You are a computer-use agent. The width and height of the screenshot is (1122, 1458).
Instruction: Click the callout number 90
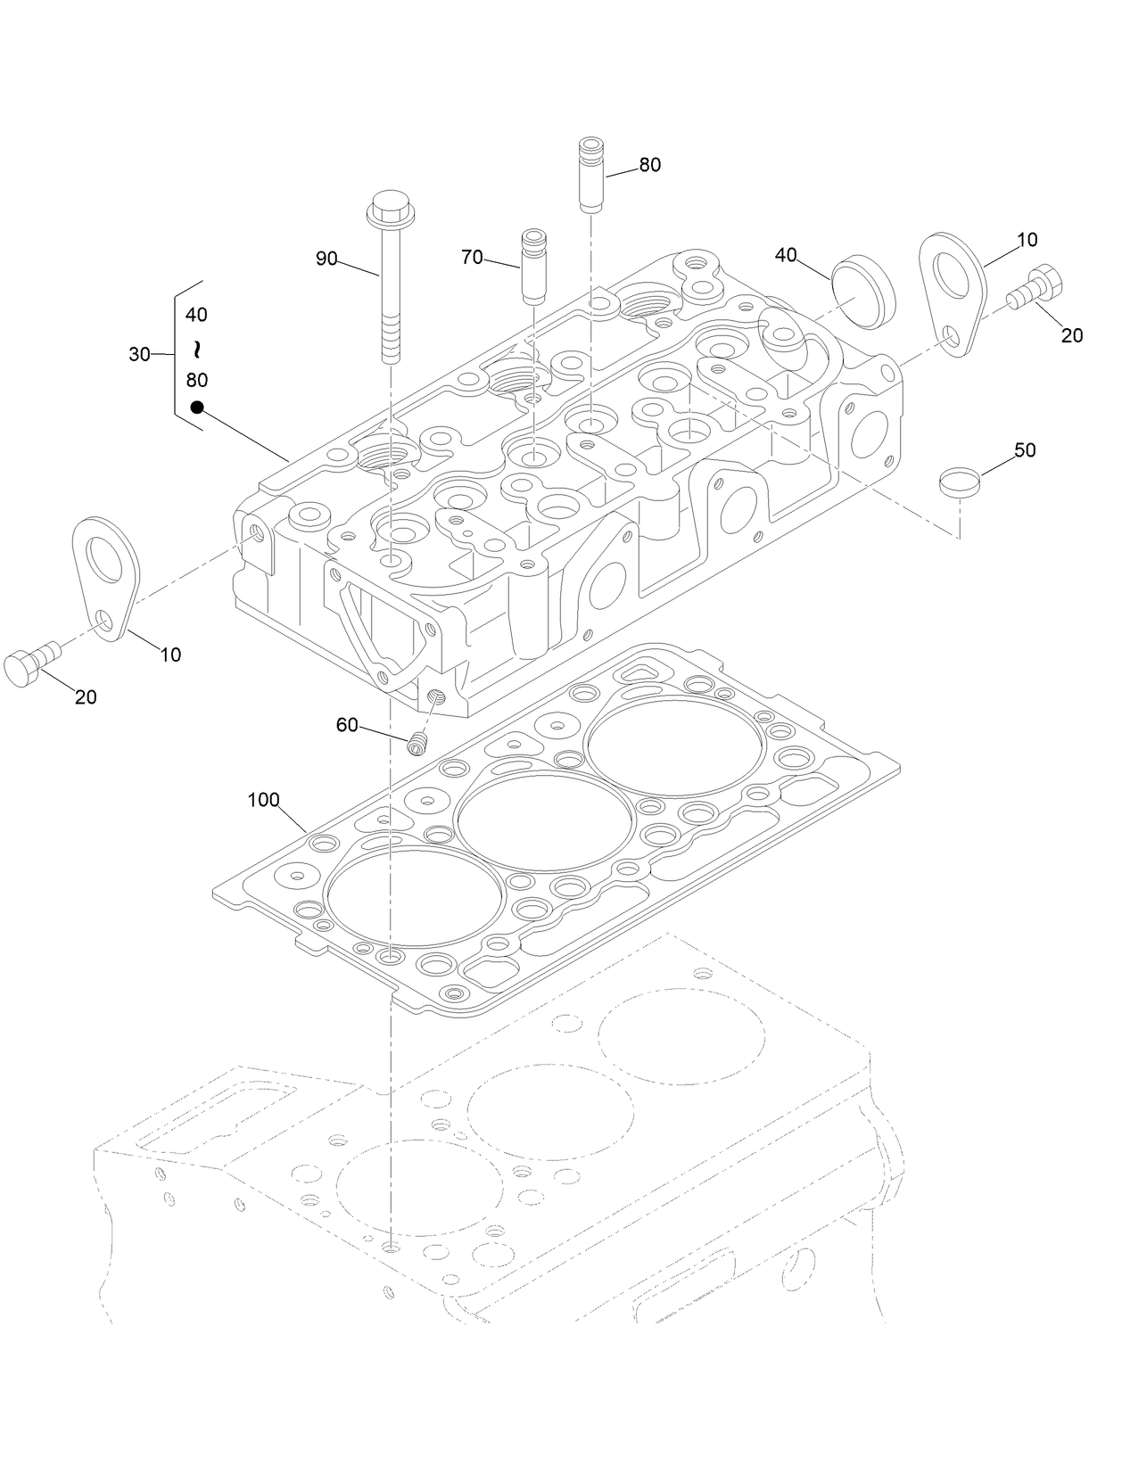[326, 259]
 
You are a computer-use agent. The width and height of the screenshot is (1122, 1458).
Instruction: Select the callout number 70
[472, 258]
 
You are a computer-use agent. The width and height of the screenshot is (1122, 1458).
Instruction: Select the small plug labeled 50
[959, 482]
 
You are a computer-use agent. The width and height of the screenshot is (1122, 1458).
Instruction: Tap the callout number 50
[1025, 450]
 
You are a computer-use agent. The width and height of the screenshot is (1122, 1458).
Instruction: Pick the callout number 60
[347, 726]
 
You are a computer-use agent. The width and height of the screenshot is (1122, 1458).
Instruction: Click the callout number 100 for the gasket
[263, 800]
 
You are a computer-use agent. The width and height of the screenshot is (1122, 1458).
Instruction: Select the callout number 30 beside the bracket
[139, 355]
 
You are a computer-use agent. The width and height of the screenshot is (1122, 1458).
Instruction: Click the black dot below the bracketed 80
[197, 408]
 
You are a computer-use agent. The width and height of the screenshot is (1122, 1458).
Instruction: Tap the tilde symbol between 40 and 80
[197, 347]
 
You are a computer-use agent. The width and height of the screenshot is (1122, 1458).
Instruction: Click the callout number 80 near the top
[649, 165]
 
